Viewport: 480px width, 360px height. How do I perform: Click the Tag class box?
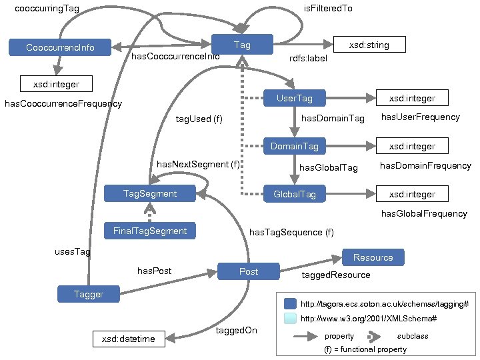pos(242,45)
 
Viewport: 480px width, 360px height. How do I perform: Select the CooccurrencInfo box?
pos(60,47)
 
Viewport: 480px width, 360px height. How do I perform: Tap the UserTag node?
pos(294,99)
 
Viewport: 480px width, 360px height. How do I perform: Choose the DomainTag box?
pos(294,146)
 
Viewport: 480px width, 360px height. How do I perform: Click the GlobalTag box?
pos(294,195)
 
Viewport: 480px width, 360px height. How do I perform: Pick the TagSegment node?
pos(150,193)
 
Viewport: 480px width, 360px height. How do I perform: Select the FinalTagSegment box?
pos(149,231)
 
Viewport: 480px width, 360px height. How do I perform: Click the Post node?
pos(249,271)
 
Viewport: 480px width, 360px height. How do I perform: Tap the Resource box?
pos(373,257)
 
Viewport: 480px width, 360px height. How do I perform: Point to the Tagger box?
pos(88,294)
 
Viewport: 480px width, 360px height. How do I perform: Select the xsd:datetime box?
pos(128,339)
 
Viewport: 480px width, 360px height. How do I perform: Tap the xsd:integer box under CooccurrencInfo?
pos(57,84)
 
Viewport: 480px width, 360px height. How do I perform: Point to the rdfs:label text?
pos(308,59)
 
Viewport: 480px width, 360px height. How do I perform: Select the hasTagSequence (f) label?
pos(291,233)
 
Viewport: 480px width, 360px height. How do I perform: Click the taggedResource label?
pos(336,275)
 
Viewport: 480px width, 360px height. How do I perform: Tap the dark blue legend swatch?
pos(289,303)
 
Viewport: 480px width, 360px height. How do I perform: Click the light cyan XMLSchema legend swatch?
pos(289,319)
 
